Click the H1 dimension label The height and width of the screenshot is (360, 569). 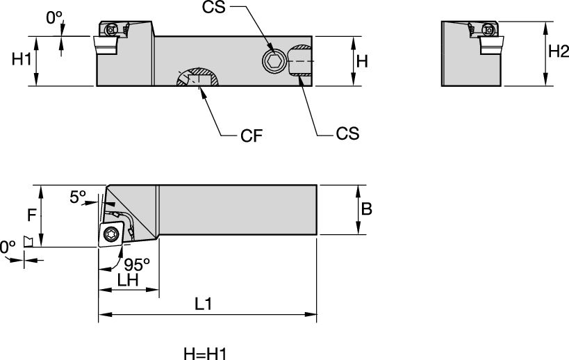pos(22,60)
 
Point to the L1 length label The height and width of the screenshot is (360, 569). pos(204,304)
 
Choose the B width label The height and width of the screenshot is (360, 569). pos(368,209)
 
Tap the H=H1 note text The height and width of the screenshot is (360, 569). pos(205,354)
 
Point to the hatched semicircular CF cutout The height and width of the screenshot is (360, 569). pos(199,77)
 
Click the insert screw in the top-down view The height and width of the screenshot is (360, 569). pos(110,235)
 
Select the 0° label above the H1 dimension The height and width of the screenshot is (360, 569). pos(54,19)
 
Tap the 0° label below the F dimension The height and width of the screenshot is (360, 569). pos(7,247)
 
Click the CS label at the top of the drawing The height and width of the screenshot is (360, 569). pos(215,8)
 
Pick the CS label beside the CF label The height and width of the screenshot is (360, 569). pos(347,133)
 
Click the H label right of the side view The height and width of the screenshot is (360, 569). pos(361,60)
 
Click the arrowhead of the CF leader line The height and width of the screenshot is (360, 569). pos(201,90)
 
